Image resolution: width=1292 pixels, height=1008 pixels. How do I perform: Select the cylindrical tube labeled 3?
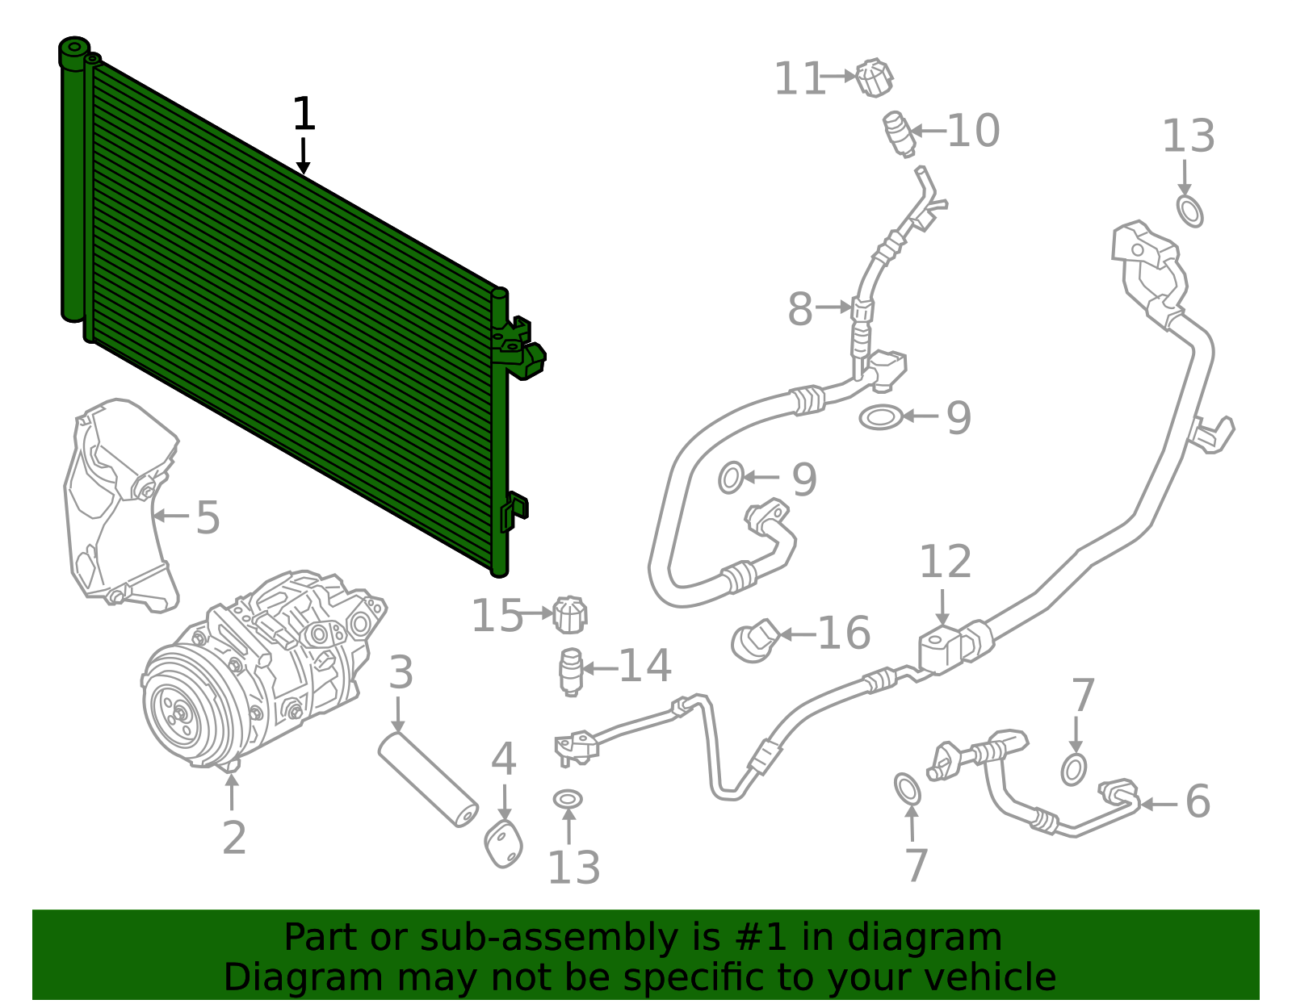pos(428,778)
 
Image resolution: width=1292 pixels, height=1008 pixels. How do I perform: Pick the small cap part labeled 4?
pos(504,843)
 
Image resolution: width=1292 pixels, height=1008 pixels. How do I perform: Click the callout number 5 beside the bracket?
pos(208,517)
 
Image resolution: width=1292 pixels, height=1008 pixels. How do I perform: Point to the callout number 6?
pos(1198,801)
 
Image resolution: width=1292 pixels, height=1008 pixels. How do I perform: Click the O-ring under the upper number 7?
pos(1073,769)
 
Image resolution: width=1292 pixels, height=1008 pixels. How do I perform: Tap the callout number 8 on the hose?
pos(799,309)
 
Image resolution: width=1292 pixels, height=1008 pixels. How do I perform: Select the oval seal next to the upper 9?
pos(879,417)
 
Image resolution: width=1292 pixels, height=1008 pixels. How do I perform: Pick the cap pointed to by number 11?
pos(874,78)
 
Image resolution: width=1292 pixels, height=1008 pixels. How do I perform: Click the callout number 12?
pos(945,562)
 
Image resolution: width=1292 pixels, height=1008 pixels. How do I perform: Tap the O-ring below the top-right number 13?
pos(1189,211)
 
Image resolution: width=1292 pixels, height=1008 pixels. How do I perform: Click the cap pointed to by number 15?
pos(570,616)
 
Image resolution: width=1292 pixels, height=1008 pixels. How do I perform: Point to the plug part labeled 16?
pos(754,642)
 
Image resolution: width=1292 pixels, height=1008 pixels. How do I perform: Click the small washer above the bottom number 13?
pos(568,799)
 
